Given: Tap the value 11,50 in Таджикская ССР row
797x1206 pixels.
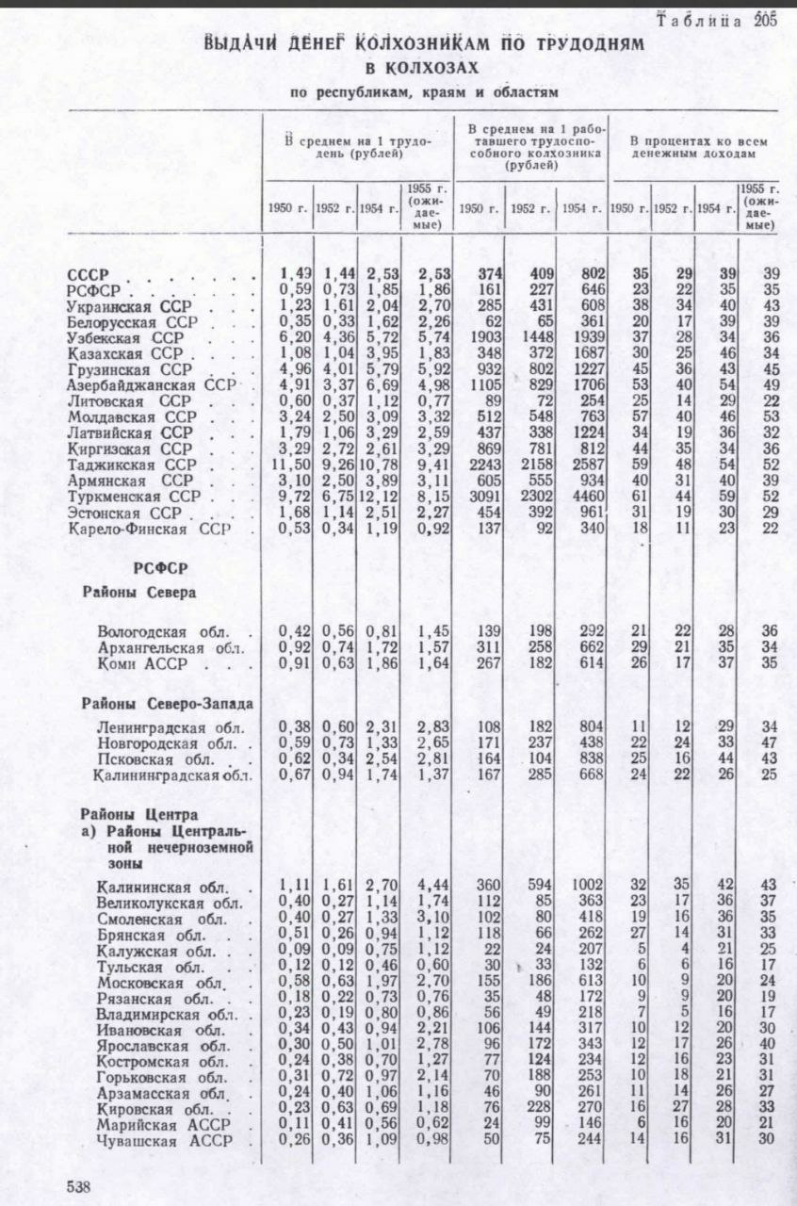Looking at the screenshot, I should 286,465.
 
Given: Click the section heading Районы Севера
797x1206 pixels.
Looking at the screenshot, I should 138,593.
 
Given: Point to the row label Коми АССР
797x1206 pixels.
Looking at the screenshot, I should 141,665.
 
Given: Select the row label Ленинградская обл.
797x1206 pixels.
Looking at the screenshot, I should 157,728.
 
